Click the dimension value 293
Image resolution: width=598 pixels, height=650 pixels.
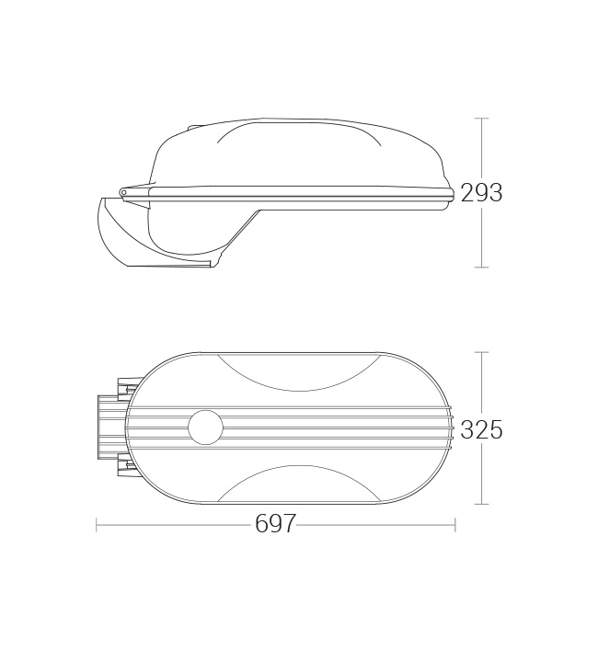point(481,193)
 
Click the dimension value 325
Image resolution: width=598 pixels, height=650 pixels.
point(481,429)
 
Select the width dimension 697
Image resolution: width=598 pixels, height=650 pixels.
point(275,523)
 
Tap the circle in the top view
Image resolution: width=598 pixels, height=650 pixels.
point(205,428)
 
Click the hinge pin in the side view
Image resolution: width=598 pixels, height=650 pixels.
point(123,192)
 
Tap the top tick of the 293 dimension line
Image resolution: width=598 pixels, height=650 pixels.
point(481,119)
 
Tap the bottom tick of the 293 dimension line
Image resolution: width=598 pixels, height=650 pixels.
point(481,268)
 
